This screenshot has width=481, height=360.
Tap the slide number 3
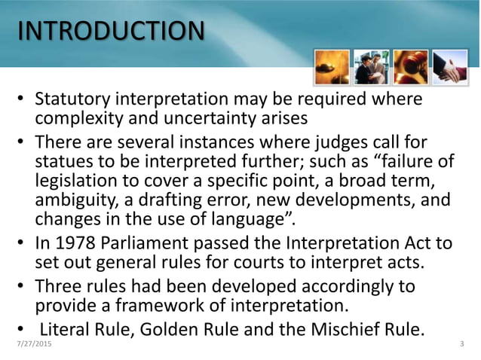(x=461, y=344)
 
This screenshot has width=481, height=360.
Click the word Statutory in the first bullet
(x=74, y=101)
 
